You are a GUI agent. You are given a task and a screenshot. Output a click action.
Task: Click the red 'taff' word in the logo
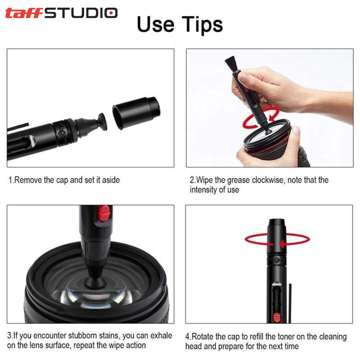pos(24,13)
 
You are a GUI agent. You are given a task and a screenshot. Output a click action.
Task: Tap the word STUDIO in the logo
pos(81,13)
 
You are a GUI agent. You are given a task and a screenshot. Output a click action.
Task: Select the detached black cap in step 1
pos(136,112)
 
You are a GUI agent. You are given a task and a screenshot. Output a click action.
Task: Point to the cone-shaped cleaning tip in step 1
pos(92,126)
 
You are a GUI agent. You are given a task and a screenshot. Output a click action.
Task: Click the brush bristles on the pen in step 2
pos(231,63)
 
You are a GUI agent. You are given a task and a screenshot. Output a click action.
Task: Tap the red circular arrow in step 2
pos(261,117)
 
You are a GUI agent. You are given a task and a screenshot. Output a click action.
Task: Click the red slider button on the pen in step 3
pos(104,213)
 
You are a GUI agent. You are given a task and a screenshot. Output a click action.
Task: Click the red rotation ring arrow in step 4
pos(277,240)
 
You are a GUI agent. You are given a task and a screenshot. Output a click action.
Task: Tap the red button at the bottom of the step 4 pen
pos(277,318)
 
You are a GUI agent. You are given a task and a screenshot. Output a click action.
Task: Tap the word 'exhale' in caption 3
pos(161,335)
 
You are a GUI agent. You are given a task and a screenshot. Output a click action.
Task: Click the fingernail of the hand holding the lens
pos(297,131)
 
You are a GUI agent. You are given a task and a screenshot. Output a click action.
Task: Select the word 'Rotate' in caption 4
pos(202,337)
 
